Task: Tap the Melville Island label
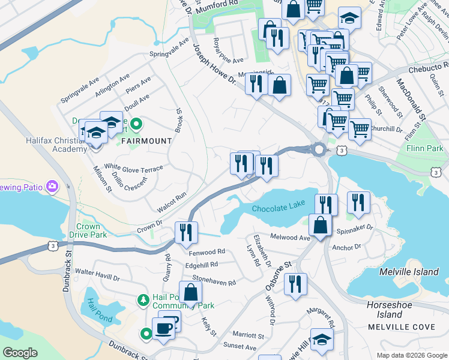[x=409, y=272]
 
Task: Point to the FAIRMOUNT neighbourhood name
[x=146, y=141]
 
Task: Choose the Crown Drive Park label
[x=88, y=230]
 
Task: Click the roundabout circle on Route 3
[x=319, y=149]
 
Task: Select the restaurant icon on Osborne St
[x=294, y=284]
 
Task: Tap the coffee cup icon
[x=163, y=328]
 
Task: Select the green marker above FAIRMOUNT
[x=136, y=124]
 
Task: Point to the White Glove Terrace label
[x=133, y=169]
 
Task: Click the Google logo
[x=20, y=353]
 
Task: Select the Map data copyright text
[x=411, y=355]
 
